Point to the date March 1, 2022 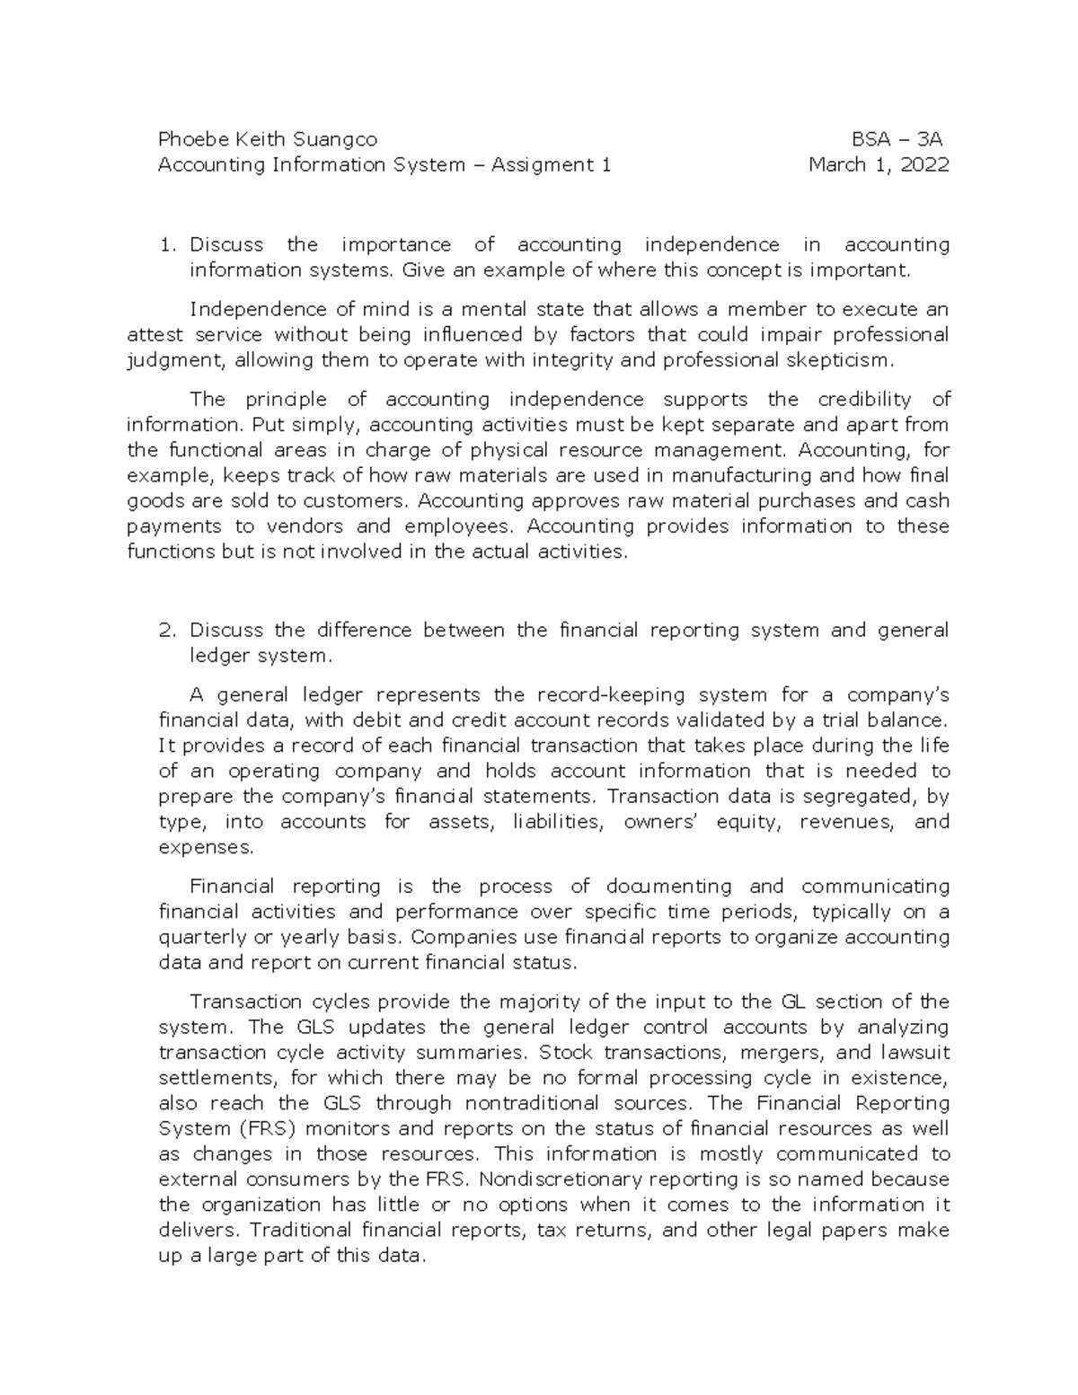pyautogui.click(x=879, y=164)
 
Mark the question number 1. pyautogui.click(x=164, y=244)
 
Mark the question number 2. pyautogui.click(x=164, y=630)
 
